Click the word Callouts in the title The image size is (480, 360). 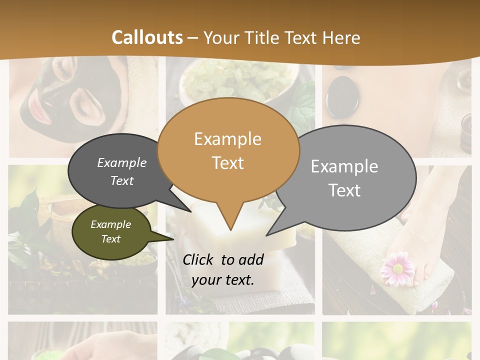pos(147,37)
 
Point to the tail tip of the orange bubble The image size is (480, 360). pos(230,229)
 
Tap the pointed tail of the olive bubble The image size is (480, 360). pos(172,238)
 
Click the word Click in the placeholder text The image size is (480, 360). pos(198,259)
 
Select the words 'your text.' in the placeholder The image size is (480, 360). pos(223,280)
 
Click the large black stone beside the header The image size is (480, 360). pos(342,96)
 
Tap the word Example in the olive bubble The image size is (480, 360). pos(110,224)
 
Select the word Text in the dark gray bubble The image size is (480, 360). pos(122,181)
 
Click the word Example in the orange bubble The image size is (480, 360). pos(227,139)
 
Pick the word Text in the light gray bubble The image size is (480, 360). pos(344,190)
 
